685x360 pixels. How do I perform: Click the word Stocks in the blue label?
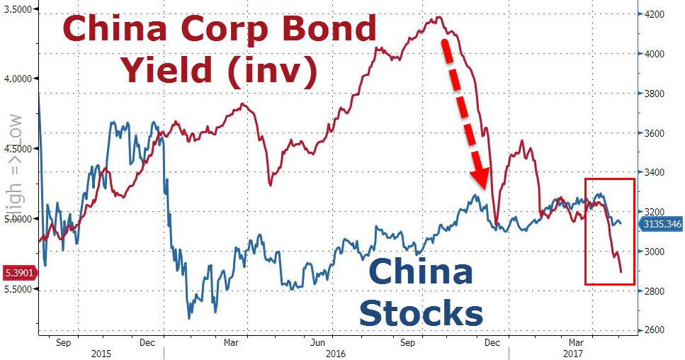[x=421, y=313]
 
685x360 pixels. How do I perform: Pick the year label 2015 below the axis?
[x=103, y=352]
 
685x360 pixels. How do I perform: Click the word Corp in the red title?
[x=229, y=30]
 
